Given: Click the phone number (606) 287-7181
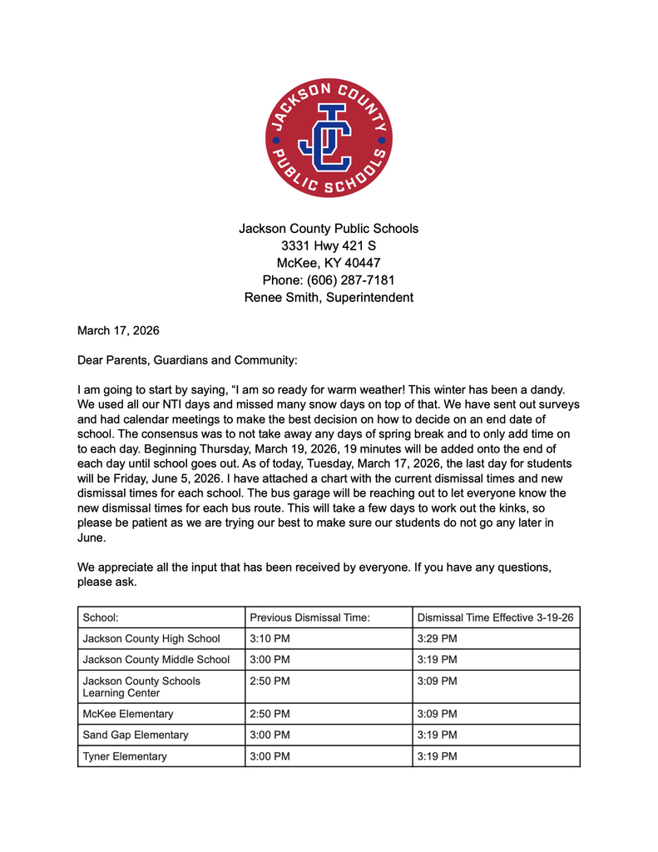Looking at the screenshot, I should [x=329, y=280].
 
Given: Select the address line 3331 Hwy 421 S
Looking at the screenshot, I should [x=329, y=245].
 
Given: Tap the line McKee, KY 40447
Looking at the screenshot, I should [x=329, y=263].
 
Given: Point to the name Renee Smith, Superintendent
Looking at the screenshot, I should [x=329, y=297].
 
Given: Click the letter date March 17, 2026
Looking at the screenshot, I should [x=118, y=330].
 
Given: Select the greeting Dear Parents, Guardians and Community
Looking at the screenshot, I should [x=187, y=360].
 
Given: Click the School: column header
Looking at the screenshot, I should [x=101, y=617].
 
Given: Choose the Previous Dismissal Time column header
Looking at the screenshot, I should [x=309, y=617].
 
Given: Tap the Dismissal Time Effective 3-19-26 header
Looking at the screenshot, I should [x=495, y=617].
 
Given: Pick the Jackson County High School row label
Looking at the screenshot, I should [x=151, y=639].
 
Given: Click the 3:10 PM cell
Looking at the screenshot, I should [x=270, y=639].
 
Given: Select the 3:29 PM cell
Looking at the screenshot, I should [x=437, y=639].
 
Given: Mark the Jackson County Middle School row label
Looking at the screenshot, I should [x=156, y=660].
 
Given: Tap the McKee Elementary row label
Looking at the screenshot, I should [x=128, y=714].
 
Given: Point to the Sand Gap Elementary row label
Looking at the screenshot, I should [x=136, y=735].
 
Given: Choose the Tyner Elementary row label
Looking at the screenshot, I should [x=125, y=756].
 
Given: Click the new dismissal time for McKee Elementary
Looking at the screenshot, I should [x=437, y=714].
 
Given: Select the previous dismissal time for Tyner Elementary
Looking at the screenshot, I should [x=270, y=756].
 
